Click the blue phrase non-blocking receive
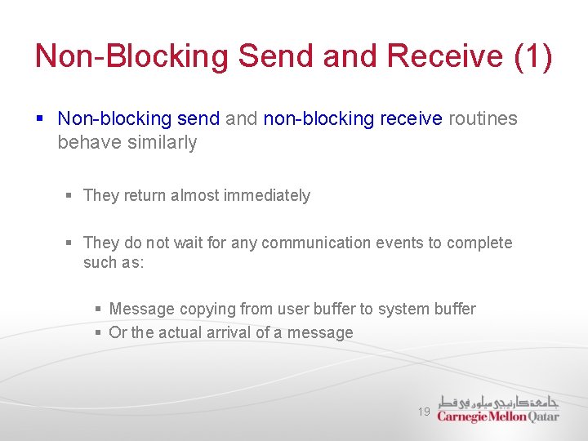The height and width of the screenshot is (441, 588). [x=353, y=118]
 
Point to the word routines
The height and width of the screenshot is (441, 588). [x=483, y=118]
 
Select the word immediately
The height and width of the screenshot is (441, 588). [x=269, y=195]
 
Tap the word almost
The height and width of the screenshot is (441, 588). [x=198, y=195]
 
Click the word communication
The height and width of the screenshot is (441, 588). [x=314, y=243]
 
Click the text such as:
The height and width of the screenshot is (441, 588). [x=113, y=262]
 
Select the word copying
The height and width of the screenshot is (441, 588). [x=207, y=309]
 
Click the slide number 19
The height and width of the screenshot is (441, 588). [x=424, y=412]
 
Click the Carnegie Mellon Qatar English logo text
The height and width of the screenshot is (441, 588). [x=498, y=416]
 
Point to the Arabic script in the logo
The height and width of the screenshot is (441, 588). [x=498, y=401]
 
